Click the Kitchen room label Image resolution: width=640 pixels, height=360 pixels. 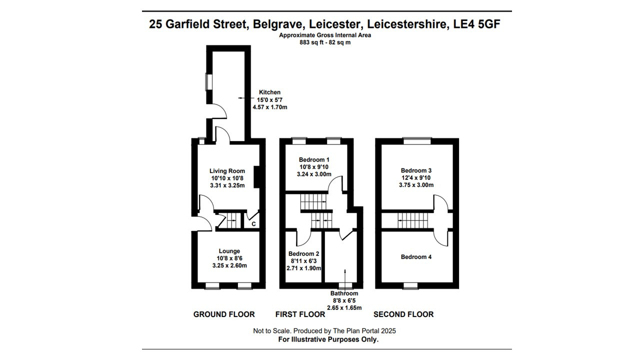coord(269,92)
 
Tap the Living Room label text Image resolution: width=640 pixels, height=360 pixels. coord(227,171)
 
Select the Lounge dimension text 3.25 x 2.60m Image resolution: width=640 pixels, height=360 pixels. coord(229,265)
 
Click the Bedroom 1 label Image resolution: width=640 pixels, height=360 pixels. coord(314,159)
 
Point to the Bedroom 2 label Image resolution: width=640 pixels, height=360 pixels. coord(303,253)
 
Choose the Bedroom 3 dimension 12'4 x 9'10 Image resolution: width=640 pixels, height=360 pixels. coord(416,177)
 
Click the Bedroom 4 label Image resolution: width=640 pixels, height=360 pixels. coord(416,257)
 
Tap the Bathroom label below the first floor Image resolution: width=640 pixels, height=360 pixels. coord(344,293)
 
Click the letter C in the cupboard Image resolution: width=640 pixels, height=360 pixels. coord(253,224)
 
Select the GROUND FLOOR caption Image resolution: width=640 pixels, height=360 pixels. coord(224,314)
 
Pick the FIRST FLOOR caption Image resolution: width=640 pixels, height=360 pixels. coord(300,314)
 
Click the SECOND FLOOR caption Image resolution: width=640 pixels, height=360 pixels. coord(403,314)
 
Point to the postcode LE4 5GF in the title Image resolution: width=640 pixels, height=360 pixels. coord(477,24)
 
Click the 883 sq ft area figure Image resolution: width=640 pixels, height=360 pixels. coord(310,42)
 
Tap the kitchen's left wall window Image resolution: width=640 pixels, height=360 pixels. coord(209,82)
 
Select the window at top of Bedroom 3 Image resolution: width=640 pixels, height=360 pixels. coord(417,141)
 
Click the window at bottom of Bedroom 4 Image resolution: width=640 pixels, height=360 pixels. coord(410,285)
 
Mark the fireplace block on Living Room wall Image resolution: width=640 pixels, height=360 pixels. coord(256,177)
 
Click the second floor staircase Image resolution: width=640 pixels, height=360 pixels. coord(413,221)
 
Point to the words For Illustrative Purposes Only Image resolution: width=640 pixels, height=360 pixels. coord(328,339)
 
